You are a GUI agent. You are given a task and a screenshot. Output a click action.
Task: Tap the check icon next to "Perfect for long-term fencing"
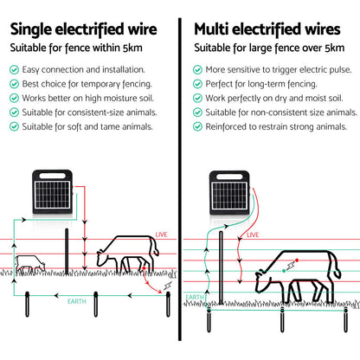(x=198, y=84)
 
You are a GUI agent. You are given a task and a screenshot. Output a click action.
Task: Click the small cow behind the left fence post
(x=29, y=266)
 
